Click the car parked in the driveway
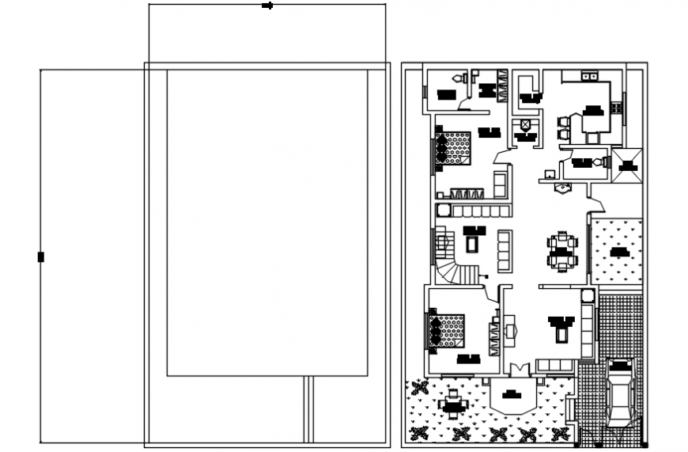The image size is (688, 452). (x=620, y=391)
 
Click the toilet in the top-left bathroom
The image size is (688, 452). (x=457, y=78)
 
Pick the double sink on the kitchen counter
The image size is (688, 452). (x=590, y=76)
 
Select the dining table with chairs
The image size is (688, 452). (x=562, y=250)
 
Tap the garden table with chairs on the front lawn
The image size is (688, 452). (x=452, y=404)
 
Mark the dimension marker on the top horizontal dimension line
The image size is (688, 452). (x=267, y=6)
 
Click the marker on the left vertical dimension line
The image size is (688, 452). (x=40, y=256)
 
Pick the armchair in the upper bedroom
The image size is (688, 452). (x=500, y=183)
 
